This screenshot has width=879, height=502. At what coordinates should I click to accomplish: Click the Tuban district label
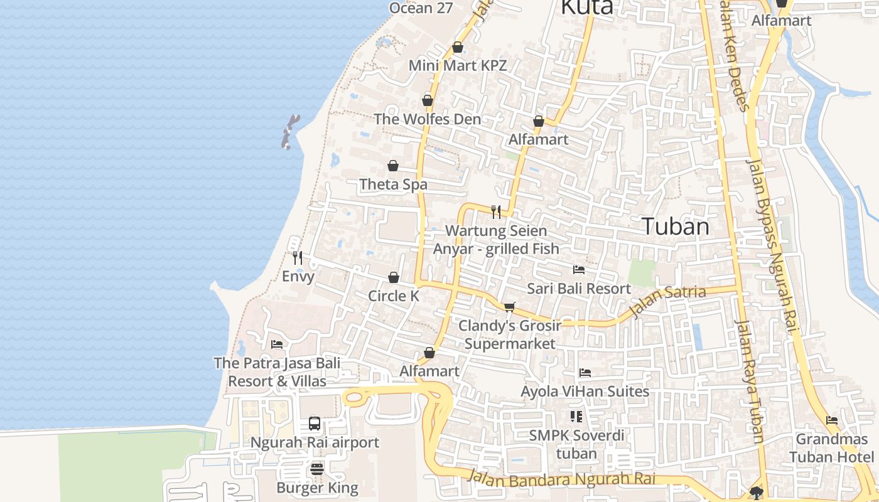(x=676, y=227)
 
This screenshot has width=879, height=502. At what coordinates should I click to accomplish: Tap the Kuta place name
(x=586, y=7)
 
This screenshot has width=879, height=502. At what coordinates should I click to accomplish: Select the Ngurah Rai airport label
(x=315, y=442)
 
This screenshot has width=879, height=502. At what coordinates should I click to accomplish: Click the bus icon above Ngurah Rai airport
(x=315, y=424)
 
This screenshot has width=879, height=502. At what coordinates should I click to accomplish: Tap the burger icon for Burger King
(x=317, y=469)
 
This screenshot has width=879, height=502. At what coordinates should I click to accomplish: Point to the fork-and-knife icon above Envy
(x=298, y=257)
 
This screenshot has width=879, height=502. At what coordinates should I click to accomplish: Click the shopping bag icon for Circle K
(x=394, y=277)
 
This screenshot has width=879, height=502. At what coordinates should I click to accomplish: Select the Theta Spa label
(x=393, y=184)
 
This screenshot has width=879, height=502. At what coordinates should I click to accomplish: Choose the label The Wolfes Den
(x=427, y=119)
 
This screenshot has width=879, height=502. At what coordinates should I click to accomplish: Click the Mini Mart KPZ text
(x=457, y=65)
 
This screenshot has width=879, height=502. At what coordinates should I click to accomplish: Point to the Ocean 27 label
(x=420, y=8)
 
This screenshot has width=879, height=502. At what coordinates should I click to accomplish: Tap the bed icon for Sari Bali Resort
(x=579, y=270)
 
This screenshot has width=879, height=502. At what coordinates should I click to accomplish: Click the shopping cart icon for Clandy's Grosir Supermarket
(x=510, y=307)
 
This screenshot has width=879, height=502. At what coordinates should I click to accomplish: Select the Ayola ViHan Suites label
(x=585, y=392)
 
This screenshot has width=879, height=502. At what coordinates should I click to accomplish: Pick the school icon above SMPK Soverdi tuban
(x=576, y=416)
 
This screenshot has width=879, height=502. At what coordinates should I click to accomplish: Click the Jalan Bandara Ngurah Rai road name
(x=562, y=479)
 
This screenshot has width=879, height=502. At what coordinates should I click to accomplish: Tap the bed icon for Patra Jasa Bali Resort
(x=277, y=344)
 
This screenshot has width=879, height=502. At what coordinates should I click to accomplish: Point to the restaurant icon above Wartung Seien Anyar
(x=497, y=211)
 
